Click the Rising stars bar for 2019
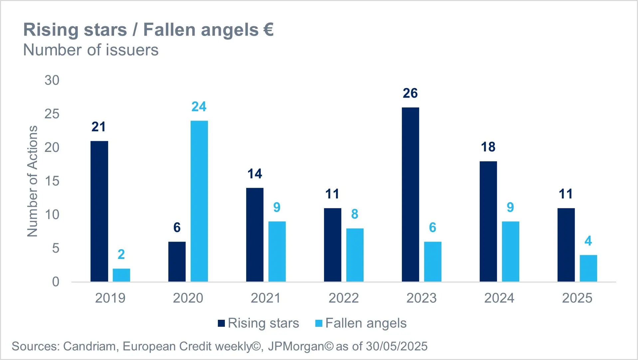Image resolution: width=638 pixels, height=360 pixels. coord(99,211)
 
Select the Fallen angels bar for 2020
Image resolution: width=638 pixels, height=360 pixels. coord(199,201)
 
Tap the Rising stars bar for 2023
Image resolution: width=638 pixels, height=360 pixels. coord(410,194)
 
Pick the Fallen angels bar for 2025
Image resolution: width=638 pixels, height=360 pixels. coord(588,268)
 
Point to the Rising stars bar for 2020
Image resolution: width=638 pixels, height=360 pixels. coord(177,262)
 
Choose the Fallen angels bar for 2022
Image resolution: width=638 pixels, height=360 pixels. coord(355,255)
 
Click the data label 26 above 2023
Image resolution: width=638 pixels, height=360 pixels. coord(410,93)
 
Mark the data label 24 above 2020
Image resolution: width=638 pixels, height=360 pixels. coord(199,107)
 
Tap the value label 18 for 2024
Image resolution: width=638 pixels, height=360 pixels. coord(488,147)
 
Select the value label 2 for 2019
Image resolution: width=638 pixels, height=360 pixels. coord(121,255)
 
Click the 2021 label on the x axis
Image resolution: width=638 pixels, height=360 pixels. coord(265,298)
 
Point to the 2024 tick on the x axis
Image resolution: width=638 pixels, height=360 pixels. coord(499,298)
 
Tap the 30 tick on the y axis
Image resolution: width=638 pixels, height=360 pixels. coord(52,80)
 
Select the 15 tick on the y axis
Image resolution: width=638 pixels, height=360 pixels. coord(52,181)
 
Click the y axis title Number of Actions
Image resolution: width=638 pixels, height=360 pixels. coord(32,181)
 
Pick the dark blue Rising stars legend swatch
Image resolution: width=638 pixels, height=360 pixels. coord(221,323)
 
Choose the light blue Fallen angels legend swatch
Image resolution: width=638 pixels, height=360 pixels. coord(319,323)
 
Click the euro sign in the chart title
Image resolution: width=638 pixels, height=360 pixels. coord(268,29)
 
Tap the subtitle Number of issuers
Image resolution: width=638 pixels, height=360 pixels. coord(91,50)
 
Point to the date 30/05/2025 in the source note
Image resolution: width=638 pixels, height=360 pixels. coord(397,346)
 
